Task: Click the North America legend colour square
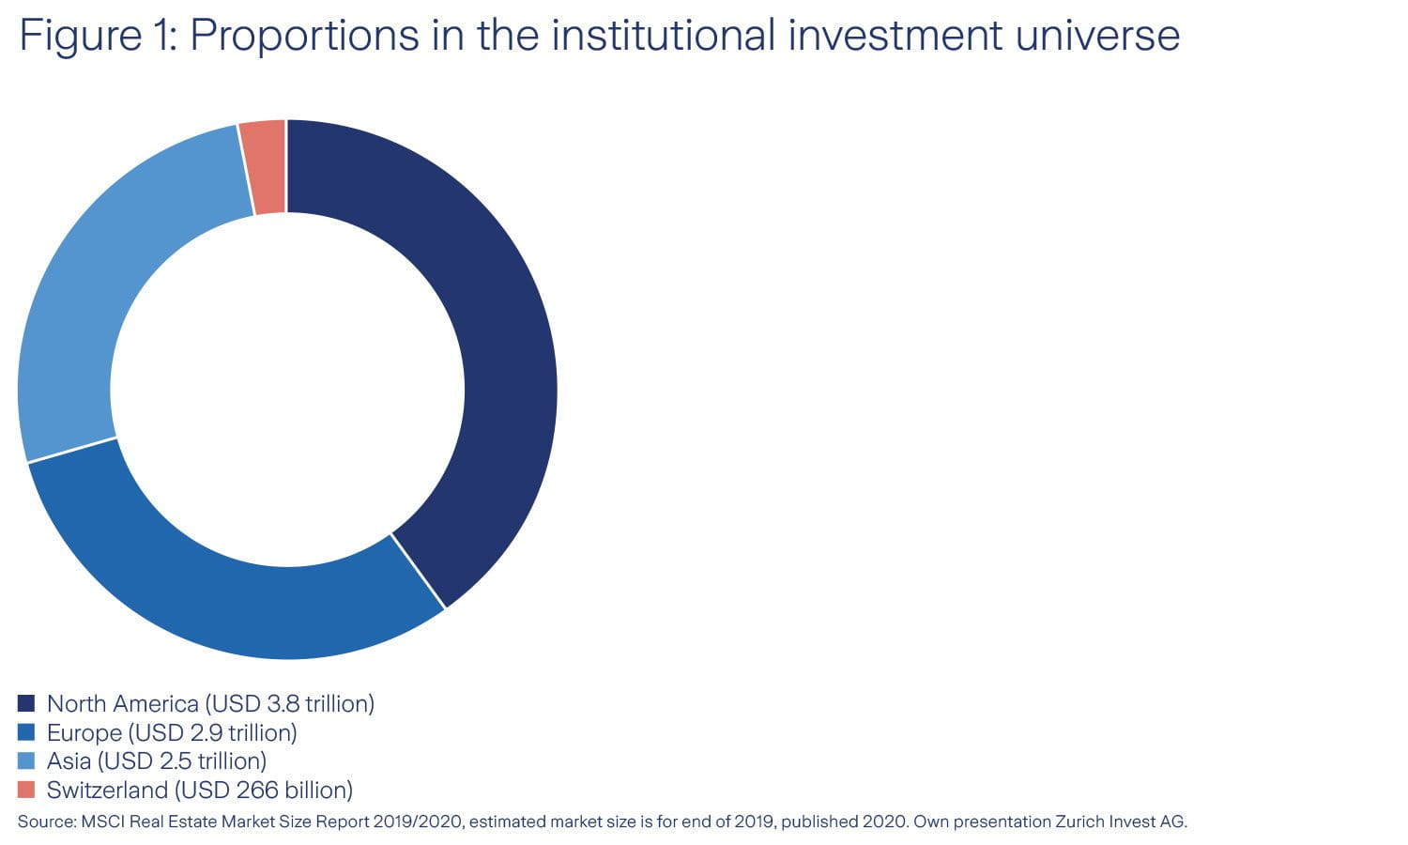[26, 703]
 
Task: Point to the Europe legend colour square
[26, 732]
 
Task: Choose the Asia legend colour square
[26, 760]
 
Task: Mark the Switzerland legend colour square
[26, 790]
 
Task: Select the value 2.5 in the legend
[176, 760]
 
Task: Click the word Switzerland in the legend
[107, 790]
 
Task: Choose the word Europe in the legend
[84, 732]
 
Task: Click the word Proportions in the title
[304, 37]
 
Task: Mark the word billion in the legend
[319, 790]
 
